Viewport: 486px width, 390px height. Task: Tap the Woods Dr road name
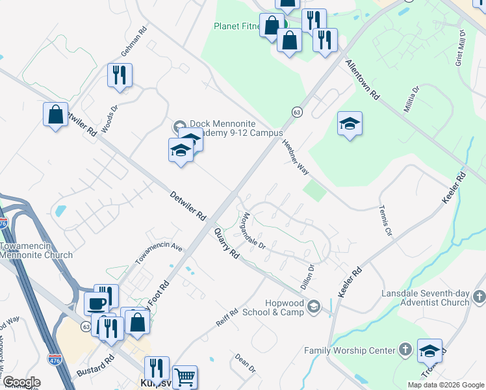pyautogui.click(x=109, y=118)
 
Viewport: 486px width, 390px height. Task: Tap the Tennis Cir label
pyautogui.click(x=386, y=221)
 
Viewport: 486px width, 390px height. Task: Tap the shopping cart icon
pyautogui.click(x=185, y=376)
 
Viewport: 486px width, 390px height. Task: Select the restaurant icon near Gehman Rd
pyautogui.click(x=120, y=75)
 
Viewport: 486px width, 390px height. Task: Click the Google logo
pyautogui.click(x=21, y=382)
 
